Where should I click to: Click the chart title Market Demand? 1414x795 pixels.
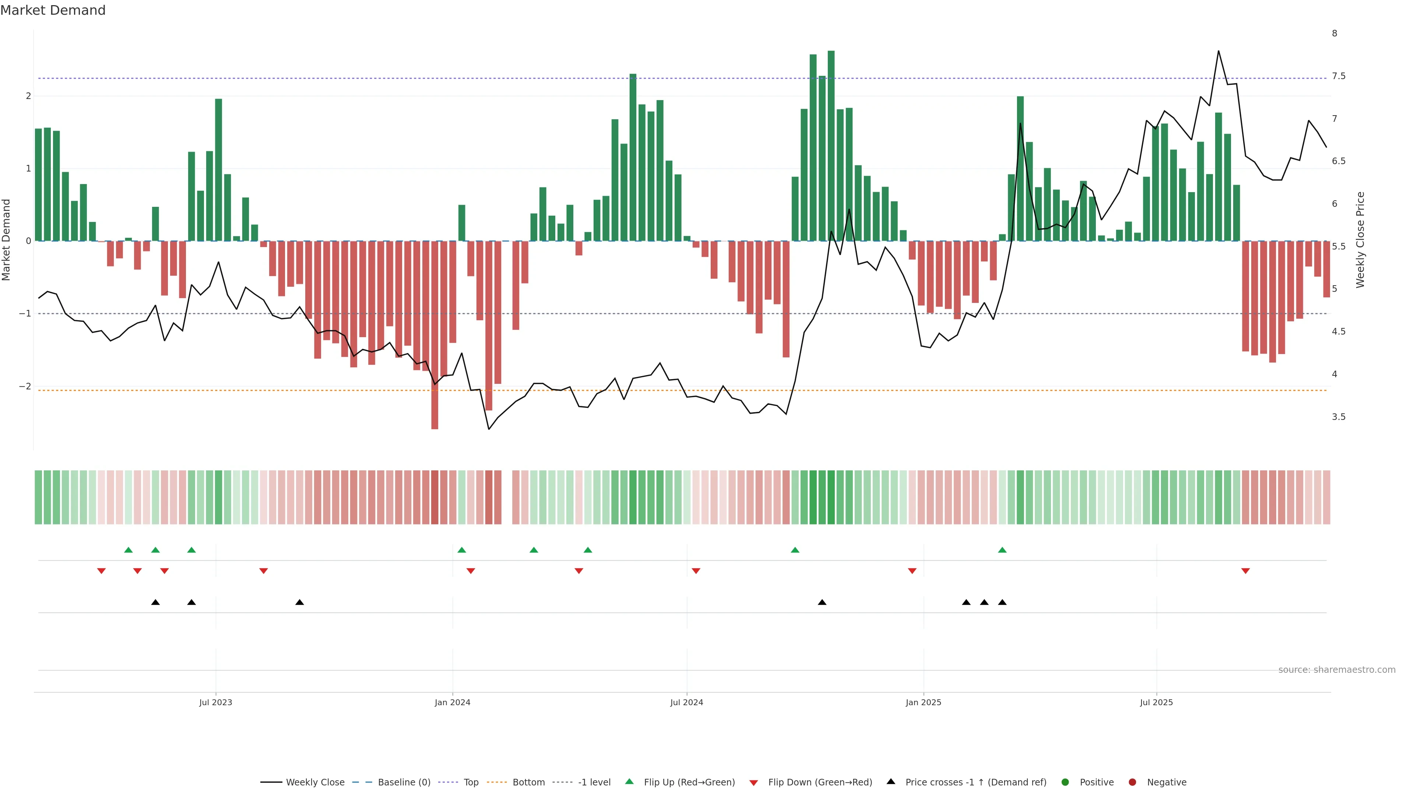click(53, 10)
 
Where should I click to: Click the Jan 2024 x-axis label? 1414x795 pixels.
click(452, 702)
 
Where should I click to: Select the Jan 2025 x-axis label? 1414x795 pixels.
click(923, 702)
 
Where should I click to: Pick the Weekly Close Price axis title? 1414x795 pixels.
click(1360, 240)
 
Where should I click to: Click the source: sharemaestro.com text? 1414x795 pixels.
click(1337, 670)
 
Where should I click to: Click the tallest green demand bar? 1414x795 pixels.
click(831, 145)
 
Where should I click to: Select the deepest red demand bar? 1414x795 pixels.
click(435, 335)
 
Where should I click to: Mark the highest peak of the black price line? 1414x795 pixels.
click(1218, 51)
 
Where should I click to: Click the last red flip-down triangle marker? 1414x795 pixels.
click(1245, 571)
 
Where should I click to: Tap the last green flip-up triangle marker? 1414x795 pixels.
click(1002, 550)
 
